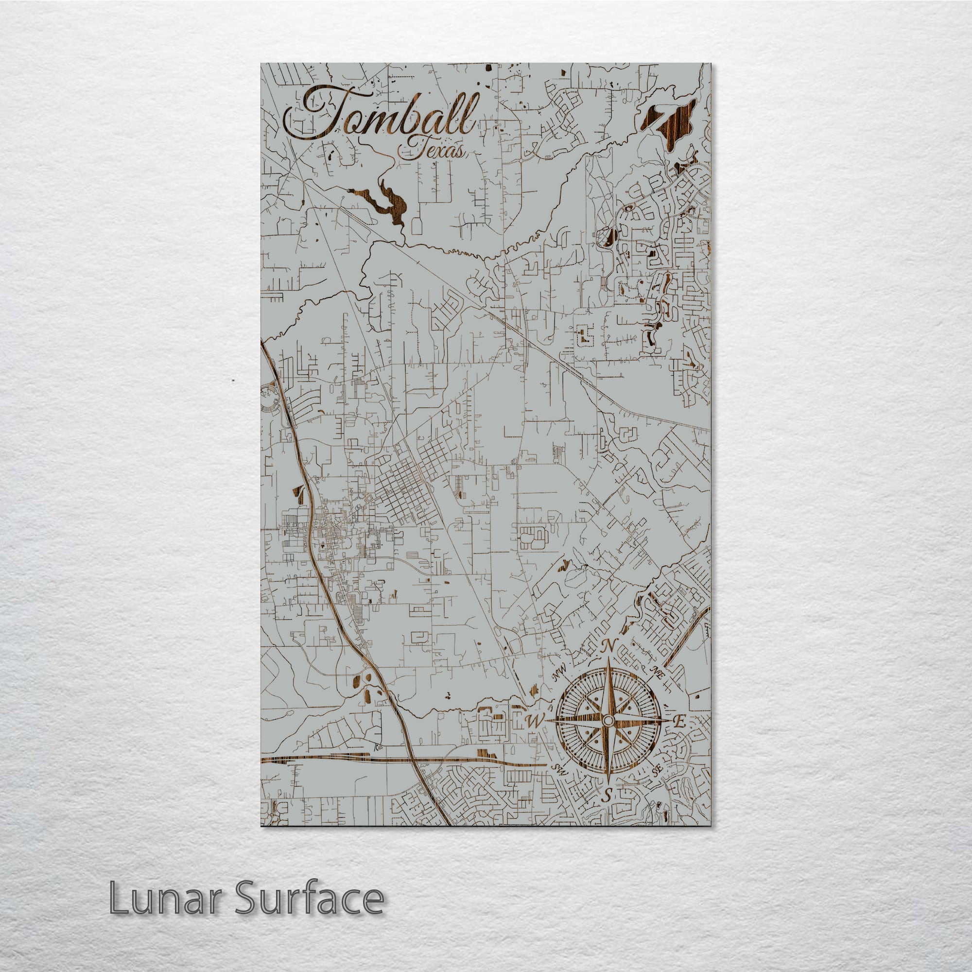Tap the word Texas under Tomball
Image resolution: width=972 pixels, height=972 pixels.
pyautogui.click(x=430, y=149)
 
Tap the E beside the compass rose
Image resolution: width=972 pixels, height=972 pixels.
pyautogui.click(x=678, y=737)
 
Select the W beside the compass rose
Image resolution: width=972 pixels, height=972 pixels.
pyautogui.click(x=534, y=736)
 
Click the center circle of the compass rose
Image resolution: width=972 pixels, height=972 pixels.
pyautogui.click(x=608, y=735)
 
